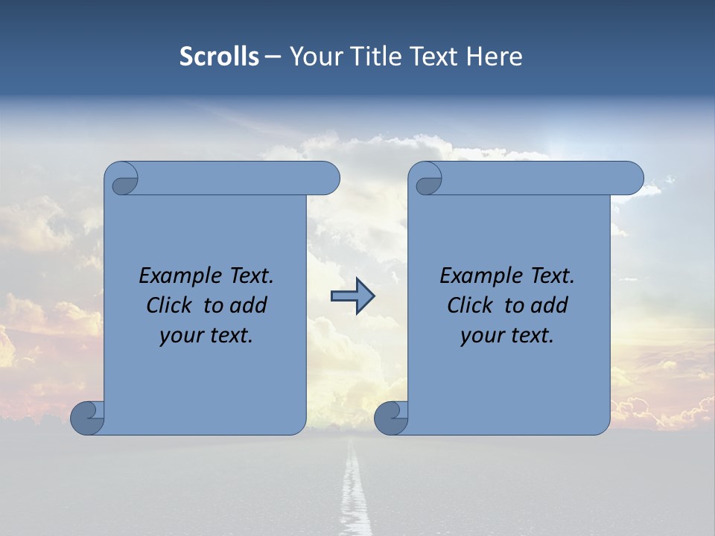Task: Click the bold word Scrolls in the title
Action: pos(219,57)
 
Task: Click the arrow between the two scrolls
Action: pos(353,296)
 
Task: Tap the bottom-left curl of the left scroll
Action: pos(86,417)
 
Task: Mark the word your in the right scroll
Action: pos(481,336)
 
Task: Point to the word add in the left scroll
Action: pos(249,305)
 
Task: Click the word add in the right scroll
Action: pos(550,305)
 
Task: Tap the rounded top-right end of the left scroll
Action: pos(328,178)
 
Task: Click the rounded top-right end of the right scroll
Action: pos(632,178)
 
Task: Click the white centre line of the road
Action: pos(353,491)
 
